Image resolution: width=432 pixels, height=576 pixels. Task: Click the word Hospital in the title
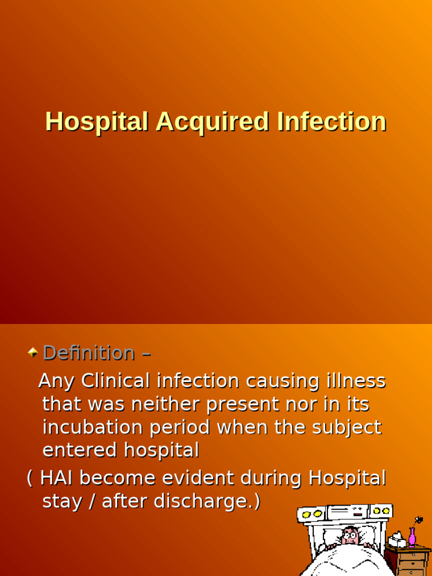(96, 122)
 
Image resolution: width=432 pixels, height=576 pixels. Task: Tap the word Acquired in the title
(212, 122)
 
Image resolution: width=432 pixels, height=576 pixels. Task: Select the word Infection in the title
(331, 122)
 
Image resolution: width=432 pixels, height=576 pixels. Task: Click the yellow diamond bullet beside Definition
(33, 353)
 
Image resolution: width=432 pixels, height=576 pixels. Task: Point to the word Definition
(88, 353)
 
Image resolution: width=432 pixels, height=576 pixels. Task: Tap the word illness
(355, 381)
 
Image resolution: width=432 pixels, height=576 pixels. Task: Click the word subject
(348, 427)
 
